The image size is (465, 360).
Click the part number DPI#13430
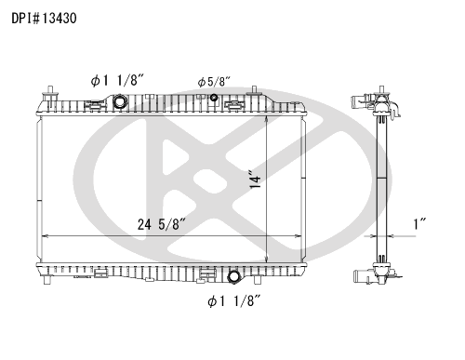click(x=44, y=19)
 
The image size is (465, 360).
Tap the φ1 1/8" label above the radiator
click(x=117, y=81)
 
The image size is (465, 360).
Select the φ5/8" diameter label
click(x=214, y=82)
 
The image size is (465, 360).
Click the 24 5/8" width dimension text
click(x=162, y=224)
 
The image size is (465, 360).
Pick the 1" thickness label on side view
click(x=419, y=224)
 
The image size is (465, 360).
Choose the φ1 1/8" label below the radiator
click(x=233, y=300)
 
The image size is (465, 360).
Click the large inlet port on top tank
click(x=119, y=102)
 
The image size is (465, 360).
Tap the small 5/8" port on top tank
click(x=214, y=98)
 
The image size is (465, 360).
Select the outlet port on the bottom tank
click(x=233, y=277)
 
